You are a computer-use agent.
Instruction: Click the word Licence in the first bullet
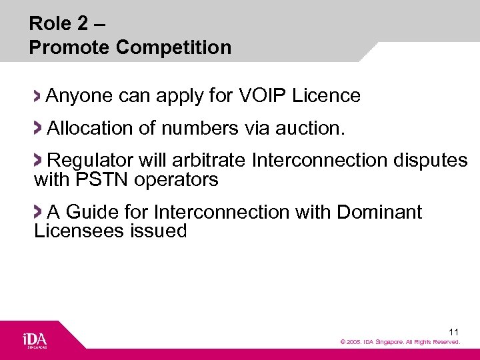coord(327,96)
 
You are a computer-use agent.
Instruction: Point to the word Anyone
coord(79,96)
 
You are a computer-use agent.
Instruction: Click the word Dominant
coord(379,212)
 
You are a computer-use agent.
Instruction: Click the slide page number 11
coord(453,331)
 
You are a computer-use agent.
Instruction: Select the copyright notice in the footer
coord(400,342)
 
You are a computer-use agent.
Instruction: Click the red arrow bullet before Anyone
coord(38,96)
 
